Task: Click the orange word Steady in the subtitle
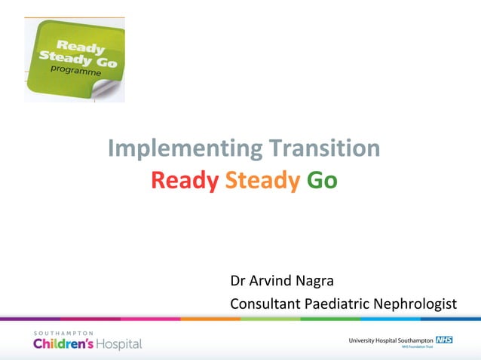(x=262, y=181)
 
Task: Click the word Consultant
(x=265, y=304)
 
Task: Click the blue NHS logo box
(x=444, y=340)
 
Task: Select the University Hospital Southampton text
(x=391, y=340)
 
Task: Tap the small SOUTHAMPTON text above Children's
(x=63, y=332)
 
